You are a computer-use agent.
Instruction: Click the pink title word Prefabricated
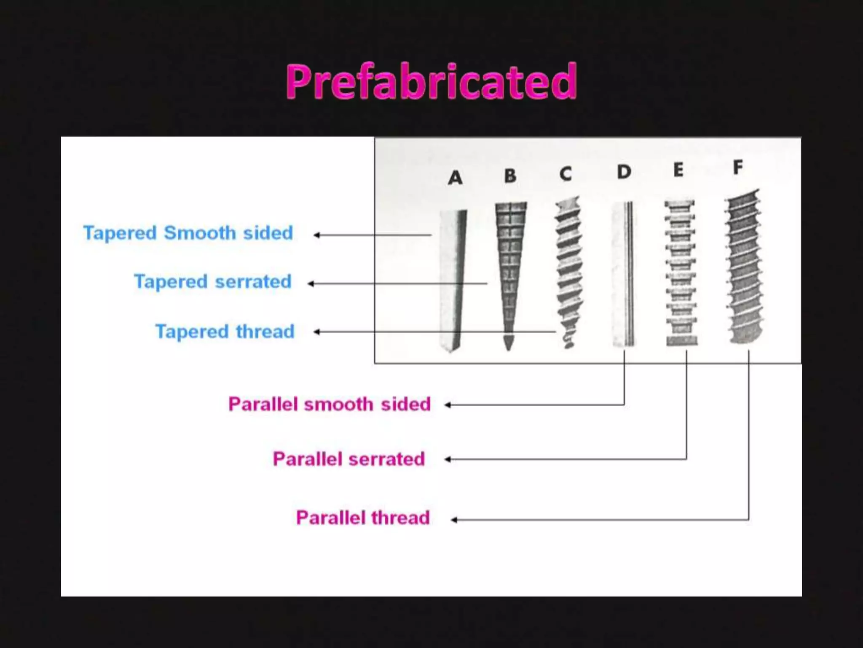point(431,81)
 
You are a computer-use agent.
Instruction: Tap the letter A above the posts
point(455,178)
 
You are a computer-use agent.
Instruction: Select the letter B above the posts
point(510,175)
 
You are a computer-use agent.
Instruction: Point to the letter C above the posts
point(566,174)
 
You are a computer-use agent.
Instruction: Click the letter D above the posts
point(624,172)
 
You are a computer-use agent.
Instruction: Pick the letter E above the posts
point(678,170)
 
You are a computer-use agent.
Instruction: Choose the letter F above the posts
point(738,167)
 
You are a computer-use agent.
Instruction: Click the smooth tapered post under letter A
point(452,278)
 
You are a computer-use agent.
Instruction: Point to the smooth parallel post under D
point(623,274)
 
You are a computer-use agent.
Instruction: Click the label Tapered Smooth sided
point(188,233)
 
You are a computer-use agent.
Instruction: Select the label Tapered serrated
point(213,281)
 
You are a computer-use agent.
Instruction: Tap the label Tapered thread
point(225,332)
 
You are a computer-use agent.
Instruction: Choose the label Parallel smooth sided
point(330,404)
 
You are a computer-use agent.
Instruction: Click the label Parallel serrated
point(348,459)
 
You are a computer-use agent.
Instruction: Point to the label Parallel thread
point(363,518)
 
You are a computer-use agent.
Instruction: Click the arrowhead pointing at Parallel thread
point(454,520)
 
